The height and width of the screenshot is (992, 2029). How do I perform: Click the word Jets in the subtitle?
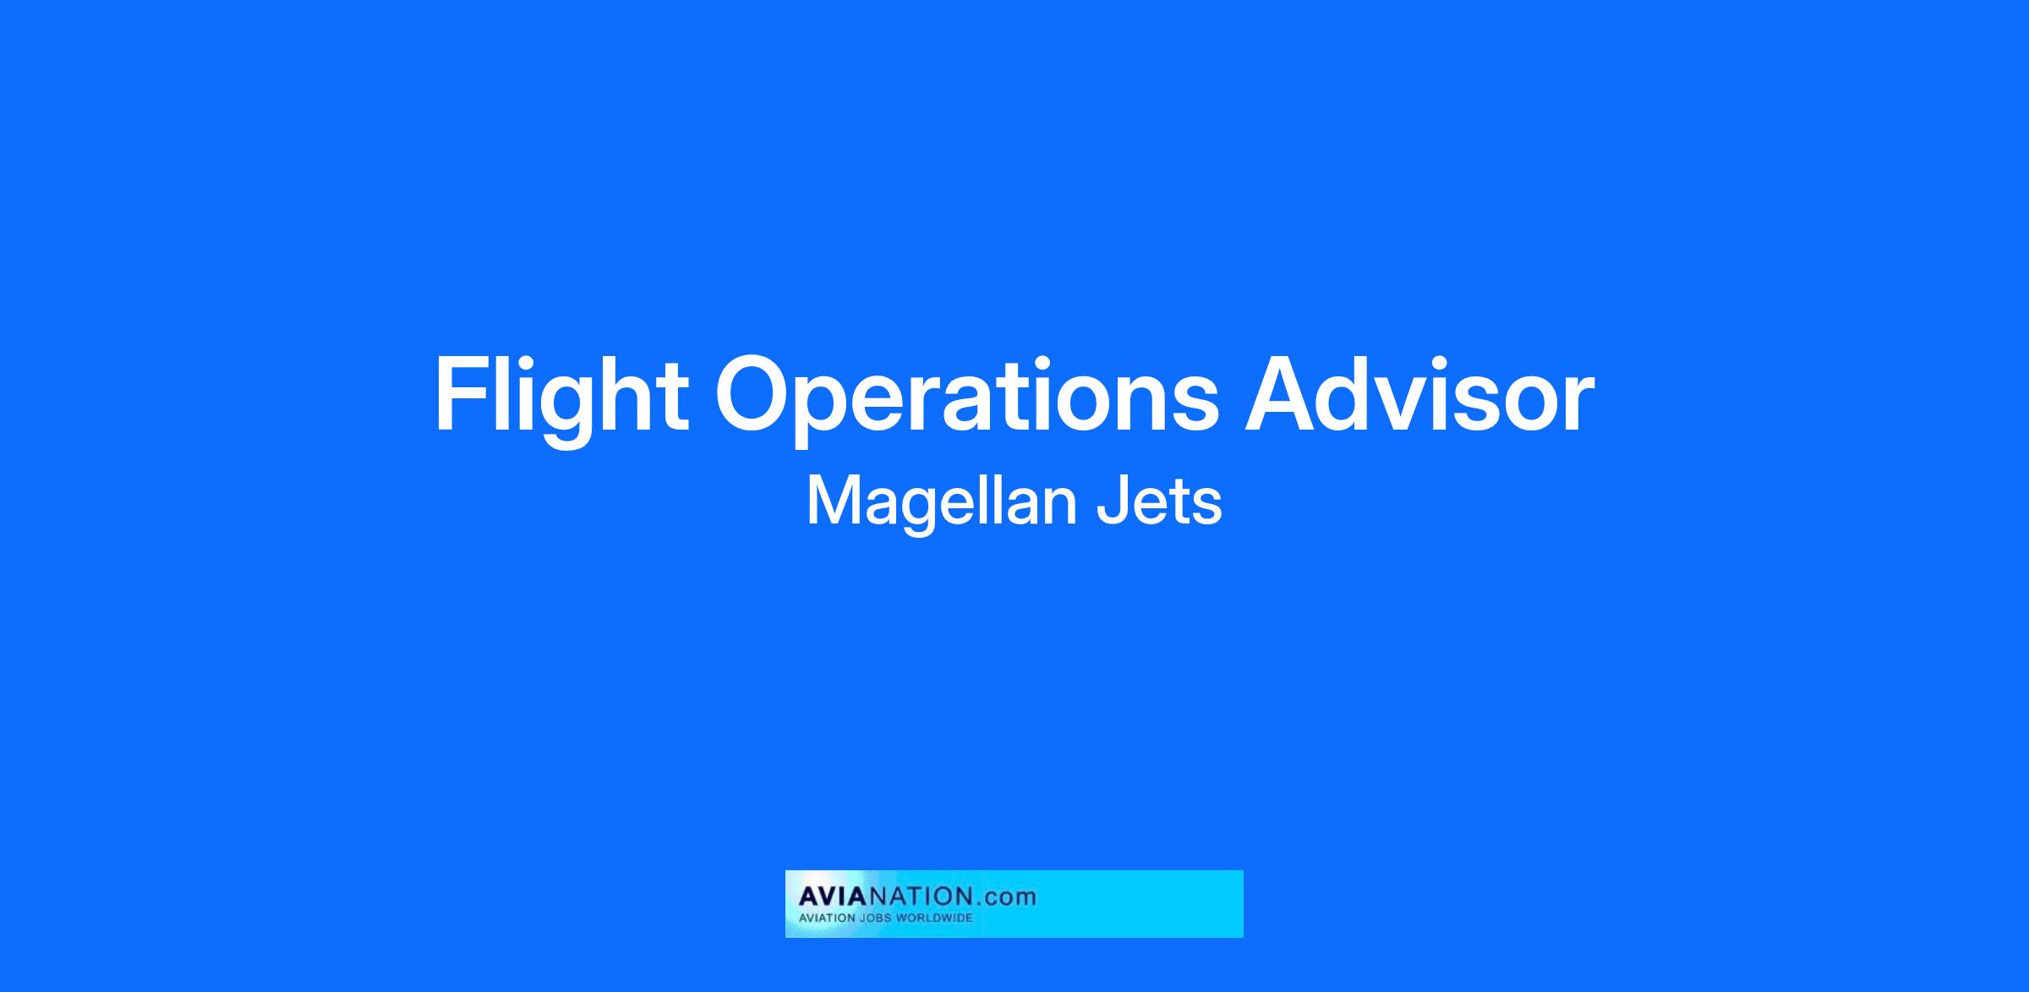[x=1159, y=501]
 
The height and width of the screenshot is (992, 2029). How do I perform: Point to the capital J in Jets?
[x=1112, y=501]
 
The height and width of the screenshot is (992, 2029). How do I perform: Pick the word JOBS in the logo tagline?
[x=876, y=918]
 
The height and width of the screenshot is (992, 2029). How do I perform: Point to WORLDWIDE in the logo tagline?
[x=935, y=918]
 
